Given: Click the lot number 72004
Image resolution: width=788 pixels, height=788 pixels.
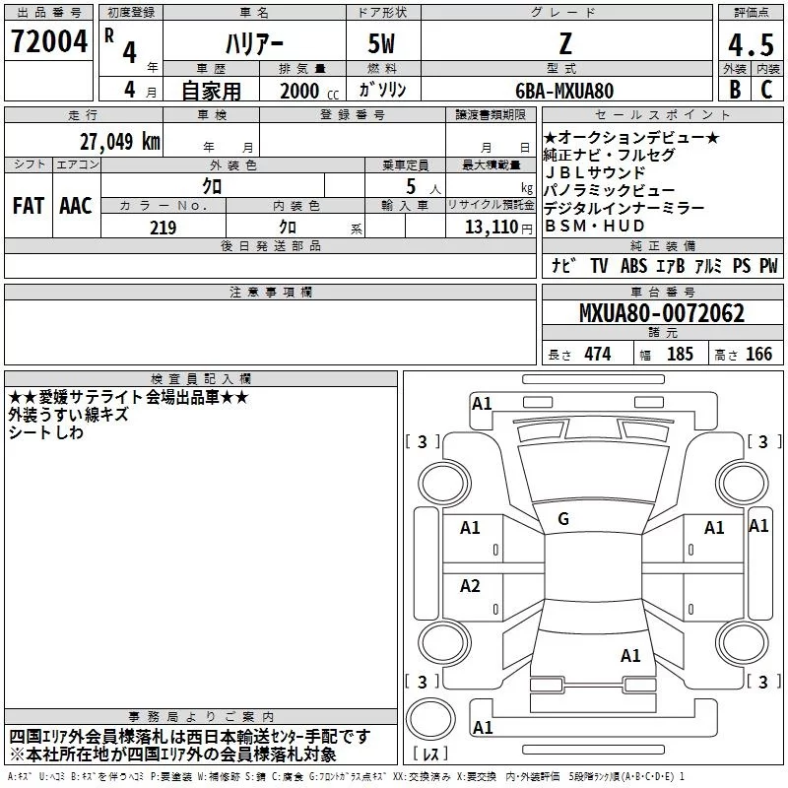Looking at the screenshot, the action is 49,41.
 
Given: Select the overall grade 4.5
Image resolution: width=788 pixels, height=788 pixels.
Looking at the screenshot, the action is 751,44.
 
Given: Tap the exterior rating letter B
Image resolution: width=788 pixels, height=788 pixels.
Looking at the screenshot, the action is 735,90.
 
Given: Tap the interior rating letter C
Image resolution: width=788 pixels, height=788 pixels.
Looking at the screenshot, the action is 766,90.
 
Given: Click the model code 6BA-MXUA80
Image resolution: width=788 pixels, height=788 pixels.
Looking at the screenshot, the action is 564,91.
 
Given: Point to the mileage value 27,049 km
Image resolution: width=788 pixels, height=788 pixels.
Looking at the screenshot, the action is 120,141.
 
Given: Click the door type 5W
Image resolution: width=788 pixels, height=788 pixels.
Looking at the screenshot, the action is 381,43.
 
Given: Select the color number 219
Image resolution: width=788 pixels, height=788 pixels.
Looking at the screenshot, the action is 164,228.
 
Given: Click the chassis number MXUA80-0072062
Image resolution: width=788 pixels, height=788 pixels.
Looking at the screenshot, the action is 662,313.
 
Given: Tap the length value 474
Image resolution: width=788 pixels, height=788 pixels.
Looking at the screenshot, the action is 598,354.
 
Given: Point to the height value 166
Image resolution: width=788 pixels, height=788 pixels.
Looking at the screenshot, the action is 758,354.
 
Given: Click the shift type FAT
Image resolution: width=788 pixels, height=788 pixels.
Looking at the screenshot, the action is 29,206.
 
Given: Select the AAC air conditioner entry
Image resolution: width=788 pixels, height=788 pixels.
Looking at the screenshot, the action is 76,206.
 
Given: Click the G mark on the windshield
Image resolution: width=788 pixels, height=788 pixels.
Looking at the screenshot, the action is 563,519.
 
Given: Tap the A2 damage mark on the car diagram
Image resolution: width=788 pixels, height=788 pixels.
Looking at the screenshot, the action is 470,585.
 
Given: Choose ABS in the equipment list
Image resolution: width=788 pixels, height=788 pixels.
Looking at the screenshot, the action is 633,266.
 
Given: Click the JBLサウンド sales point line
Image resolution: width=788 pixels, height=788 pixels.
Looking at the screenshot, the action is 595,172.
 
